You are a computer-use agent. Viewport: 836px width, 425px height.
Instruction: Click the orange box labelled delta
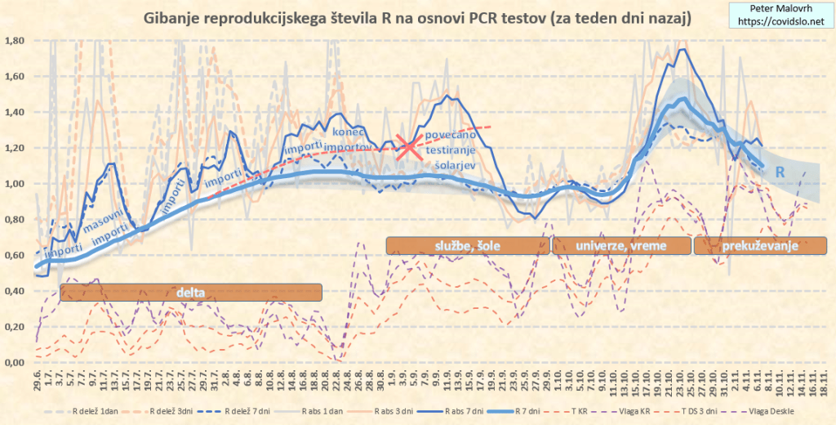pyautogui.click(x=191, y=292)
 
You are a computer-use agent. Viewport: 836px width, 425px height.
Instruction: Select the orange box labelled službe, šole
pyautogui.click(x=462, y=245)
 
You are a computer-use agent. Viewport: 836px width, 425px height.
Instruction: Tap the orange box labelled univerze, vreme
pyautogui.click(x=620, y=245)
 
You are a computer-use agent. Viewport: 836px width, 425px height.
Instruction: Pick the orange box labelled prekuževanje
pyautogui.click(x=754, y=245)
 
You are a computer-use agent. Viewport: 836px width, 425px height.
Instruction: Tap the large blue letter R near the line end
pyautogui.click(x=780, y=172)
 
